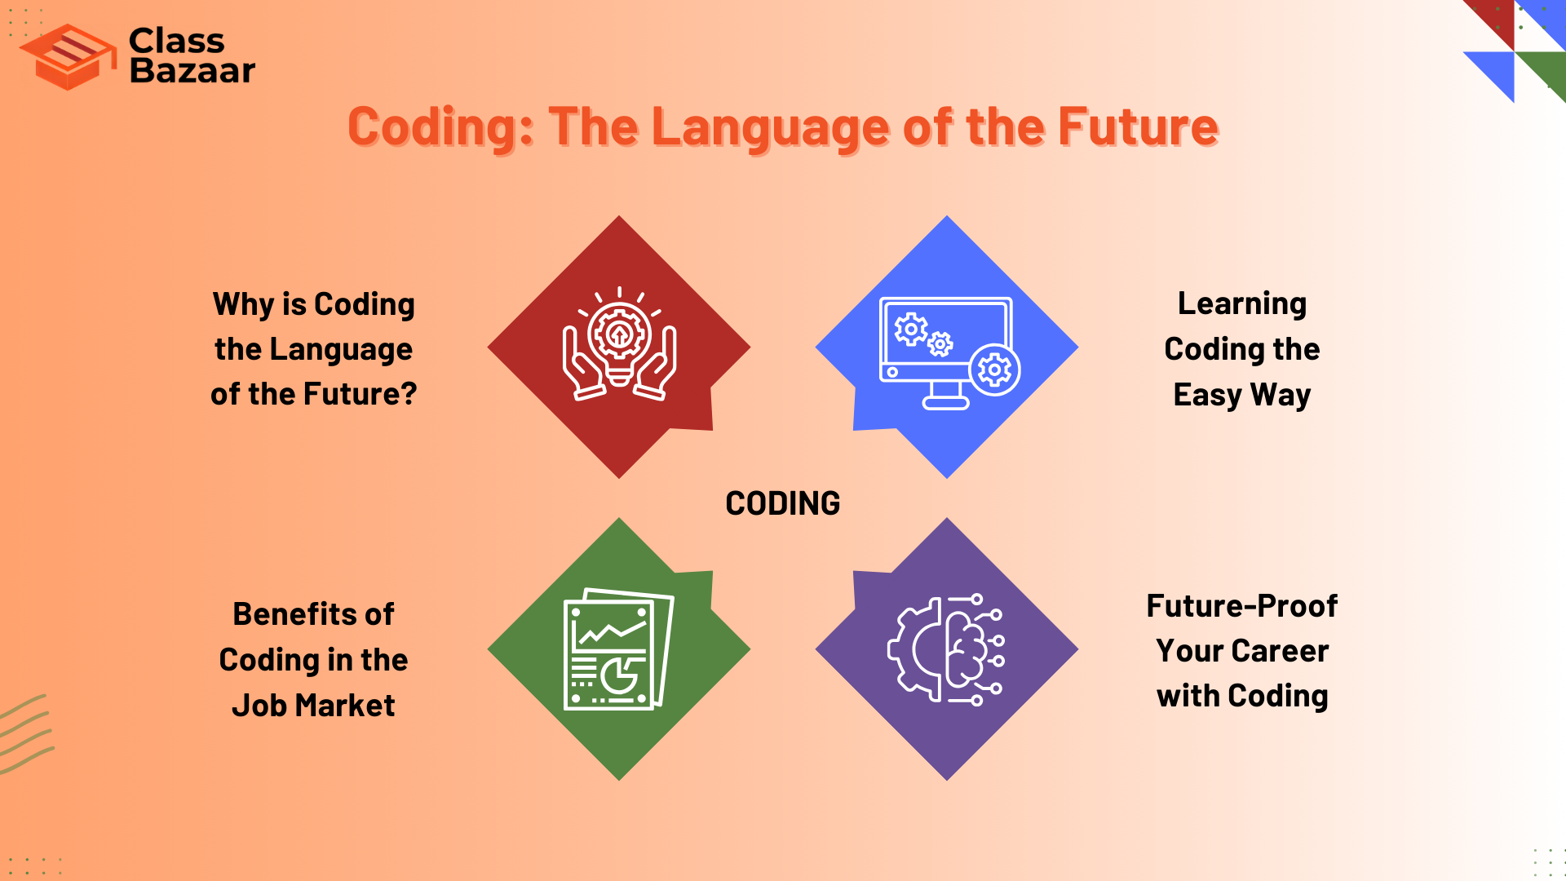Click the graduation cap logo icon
[x=69, y=57]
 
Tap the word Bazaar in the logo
[x=192, y=71]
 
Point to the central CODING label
[x=782, y=503]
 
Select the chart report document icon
[x=618, y=649]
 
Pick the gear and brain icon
[x=946, y=649]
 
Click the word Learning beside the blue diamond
[x=1241, y=303]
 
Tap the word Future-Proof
[x=1241, y=606]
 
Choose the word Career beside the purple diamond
[x=1280, y=651]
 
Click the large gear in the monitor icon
[x=994, y=371]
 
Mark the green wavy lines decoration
[x=26, y=734]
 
